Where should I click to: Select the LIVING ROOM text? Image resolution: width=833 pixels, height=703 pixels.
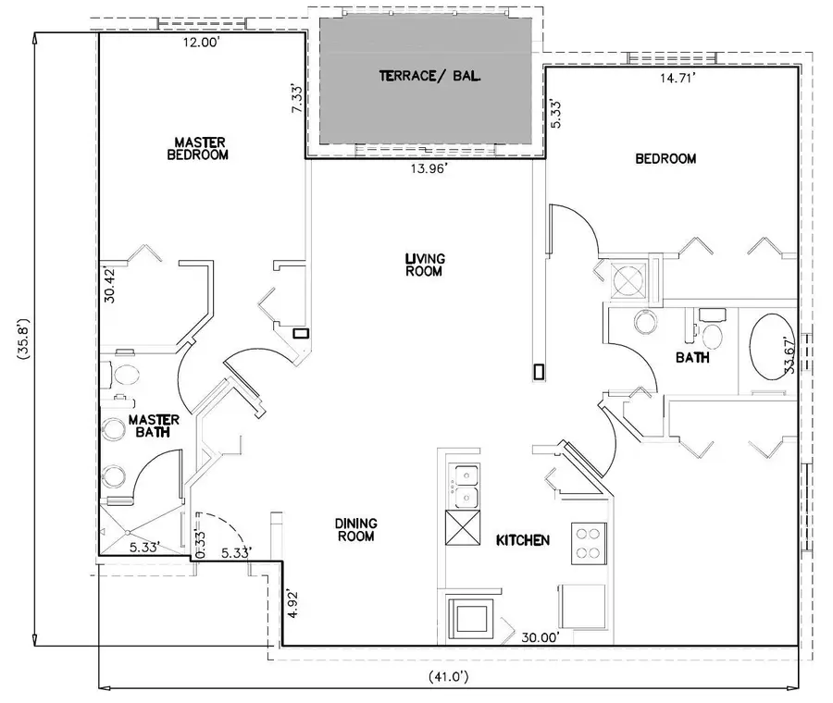pyautogui.click(x=424, y=265)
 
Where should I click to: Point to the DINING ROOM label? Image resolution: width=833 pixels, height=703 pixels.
pyautogui.click(x=355, y=529)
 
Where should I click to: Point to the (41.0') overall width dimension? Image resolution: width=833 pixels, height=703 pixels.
pyautogui.click(x=447, y=676)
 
